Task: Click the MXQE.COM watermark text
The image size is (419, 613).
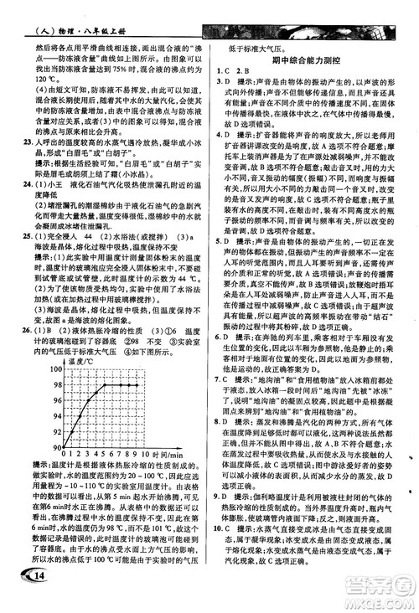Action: click(x=385, y=602)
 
